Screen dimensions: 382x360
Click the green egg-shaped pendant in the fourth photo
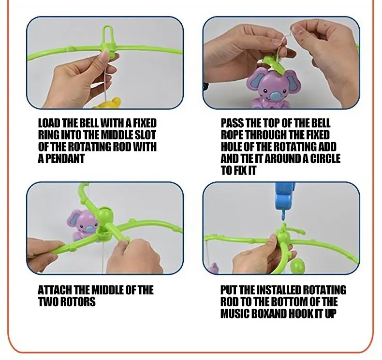tap(298, 266)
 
